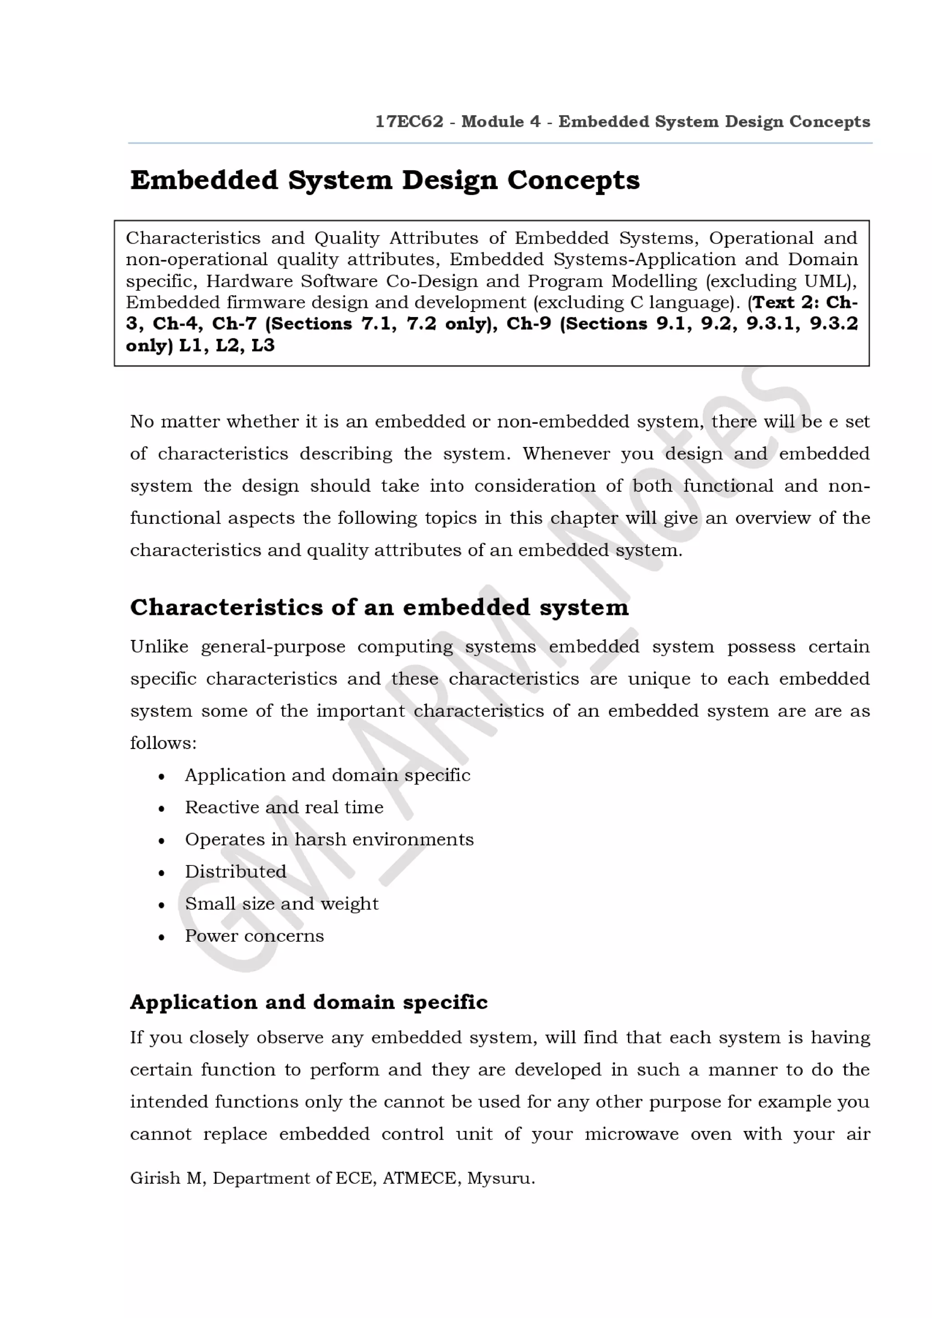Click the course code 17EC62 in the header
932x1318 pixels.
click(x=409, y=122)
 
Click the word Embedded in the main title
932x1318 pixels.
click(x=204, y=180)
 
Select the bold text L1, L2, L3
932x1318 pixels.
click(x=227, y=346)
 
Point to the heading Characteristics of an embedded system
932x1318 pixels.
click(x=379, y=607)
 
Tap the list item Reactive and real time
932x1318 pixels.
click(x=284, y=807)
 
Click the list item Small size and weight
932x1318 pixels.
click(x=281, y=904)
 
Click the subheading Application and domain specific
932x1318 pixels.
click(x=309, y=1002)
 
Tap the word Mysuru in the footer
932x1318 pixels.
click(x=500, y=1178)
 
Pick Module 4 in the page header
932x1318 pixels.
click(x=501, y=122)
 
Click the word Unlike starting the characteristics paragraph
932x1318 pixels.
click(x=159, y=646)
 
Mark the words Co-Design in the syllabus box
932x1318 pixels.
click(x=432, y=281)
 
